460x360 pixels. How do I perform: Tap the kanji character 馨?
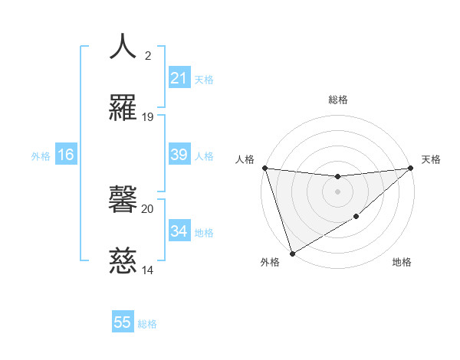[123, 201]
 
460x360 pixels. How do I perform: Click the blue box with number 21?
[179, 78]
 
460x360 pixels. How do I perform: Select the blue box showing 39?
[179, 155]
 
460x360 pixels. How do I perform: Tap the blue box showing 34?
[179, 231]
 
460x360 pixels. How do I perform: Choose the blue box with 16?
[66, 155]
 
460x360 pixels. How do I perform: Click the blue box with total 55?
[123, 323]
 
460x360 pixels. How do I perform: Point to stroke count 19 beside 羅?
[148, 117]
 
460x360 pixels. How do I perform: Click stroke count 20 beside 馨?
[148, 208]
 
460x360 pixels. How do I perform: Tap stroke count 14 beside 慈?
[148, 270]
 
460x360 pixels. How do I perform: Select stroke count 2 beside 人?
[148, 55]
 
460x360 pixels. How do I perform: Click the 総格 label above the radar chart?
[338, 100]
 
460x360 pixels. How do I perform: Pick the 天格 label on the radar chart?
[431, 159]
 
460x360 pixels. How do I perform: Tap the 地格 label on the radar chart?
[402, 263]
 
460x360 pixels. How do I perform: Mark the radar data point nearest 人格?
[264, 168]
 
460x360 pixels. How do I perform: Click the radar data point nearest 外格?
[292, 253]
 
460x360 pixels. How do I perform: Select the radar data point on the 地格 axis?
[356, 217]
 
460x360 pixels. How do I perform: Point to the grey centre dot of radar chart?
[337, 191]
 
